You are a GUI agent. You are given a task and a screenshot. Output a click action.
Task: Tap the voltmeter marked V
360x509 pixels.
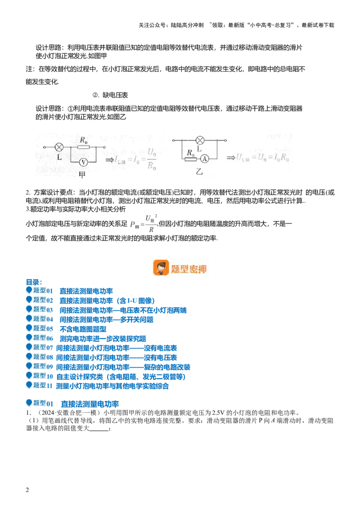[x=83, y=161]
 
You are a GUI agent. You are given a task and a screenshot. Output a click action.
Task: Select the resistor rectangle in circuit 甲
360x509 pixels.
[x=83, y=147]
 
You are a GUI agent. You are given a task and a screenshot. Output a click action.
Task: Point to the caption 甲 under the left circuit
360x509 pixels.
[x=82, y=175]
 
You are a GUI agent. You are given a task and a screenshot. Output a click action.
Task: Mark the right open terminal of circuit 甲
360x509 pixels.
[x=105, y=147]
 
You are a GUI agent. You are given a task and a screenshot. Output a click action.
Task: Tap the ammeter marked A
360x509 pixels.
[x=204, y=159]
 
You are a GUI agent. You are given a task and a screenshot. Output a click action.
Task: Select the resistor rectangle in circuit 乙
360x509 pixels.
[x=191, y=159]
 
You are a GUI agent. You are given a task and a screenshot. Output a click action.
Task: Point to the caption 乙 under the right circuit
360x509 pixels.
[x=199, y=171]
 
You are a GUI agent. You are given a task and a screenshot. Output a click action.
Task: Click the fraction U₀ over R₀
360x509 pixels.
[x=152, y=160]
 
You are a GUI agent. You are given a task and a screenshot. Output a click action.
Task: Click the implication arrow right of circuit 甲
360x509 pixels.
[x=109, y=159]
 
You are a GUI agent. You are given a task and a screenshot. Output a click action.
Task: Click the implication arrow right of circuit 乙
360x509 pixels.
[x=231, y=157]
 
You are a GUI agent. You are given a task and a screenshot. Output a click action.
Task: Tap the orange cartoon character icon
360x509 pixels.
[x=161, y=268]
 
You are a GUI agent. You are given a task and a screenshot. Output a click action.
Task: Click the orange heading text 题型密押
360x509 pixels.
[x=189, y=269]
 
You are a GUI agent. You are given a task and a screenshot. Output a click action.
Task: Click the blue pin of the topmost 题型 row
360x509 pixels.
[x=29, y=290]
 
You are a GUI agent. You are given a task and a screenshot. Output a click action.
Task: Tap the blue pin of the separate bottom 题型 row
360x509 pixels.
[x=29, y=403]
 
